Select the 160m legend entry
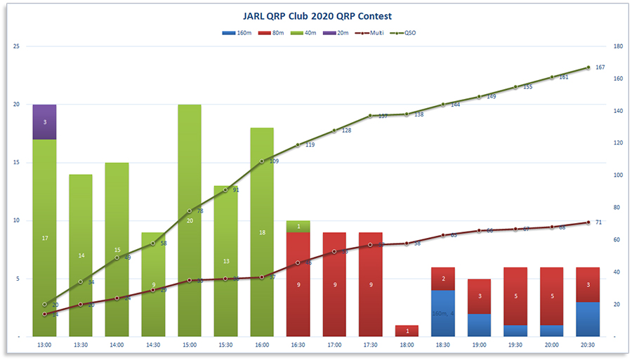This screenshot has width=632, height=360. [236, 33]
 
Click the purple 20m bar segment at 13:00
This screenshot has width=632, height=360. [45, 121]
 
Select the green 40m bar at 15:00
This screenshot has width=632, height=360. [190, 175]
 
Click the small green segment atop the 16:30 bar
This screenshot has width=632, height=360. [298, 226]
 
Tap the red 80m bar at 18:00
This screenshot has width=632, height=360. [407, 331]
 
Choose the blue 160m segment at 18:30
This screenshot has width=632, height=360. [442, 313]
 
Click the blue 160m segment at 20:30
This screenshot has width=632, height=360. [587, 319]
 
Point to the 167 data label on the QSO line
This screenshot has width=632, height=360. [600, 67]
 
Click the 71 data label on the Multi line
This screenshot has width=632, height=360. [598, 222]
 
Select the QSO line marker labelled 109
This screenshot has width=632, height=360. [262, 161]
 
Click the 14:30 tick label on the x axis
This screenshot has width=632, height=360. [153, 345]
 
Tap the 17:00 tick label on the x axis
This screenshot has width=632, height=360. [334, 345]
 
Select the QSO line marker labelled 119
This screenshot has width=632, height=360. [298, 145]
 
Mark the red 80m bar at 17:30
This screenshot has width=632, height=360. [370, 284]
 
